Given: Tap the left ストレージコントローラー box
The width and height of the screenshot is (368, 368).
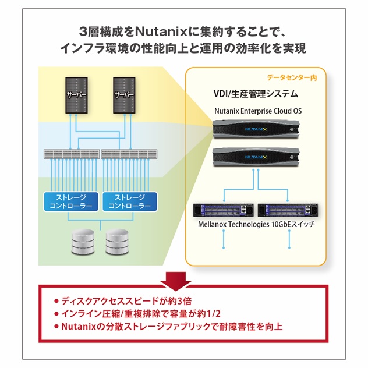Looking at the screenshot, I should (68, 201).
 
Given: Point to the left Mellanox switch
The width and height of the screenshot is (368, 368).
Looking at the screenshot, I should (223, 210).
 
